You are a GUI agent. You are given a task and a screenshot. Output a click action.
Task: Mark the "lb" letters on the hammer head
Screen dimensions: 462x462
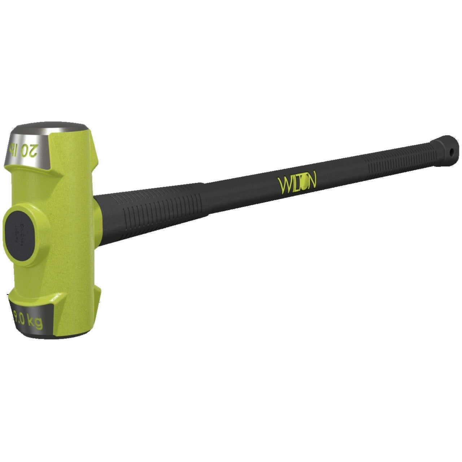(x=15, y=149)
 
